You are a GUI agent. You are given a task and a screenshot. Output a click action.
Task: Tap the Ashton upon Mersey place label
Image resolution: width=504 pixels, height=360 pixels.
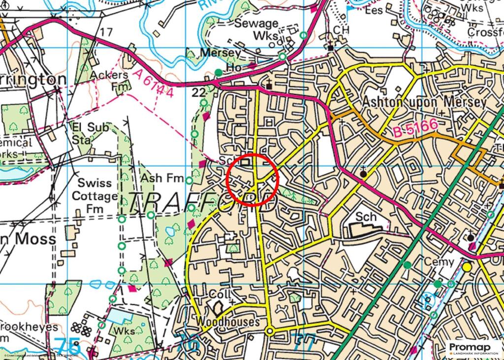tap(424, 102)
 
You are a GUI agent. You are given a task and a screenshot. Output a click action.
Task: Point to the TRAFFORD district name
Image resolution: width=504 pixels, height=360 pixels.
tap(202, 202)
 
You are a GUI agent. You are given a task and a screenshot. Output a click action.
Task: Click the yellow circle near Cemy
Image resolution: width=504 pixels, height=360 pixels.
tap(467, 267)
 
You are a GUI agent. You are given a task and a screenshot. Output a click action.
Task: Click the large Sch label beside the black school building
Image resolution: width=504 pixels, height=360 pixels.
tap(366, 217)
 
